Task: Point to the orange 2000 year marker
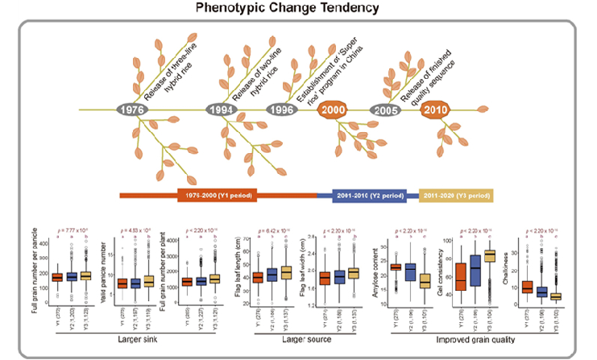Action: [334, 110]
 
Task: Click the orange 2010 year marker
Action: [435, 110]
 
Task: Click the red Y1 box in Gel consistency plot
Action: [461, 276]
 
